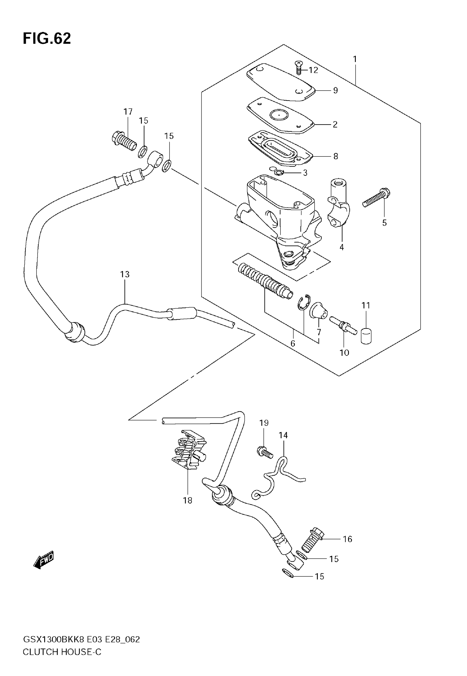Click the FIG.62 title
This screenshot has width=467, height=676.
point(47,39)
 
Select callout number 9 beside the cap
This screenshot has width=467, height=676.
point(335,91)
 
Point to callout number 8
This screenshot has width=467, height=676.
point(336,157)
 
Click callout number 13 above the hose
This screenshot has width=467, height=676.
point(125,274)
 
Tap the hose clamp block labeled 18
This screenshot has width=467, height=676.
point(189,450)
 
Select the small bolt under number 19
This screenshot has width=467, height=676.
point(265,452)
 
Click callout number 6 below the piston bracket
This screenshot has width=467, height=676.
point(293,343)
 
